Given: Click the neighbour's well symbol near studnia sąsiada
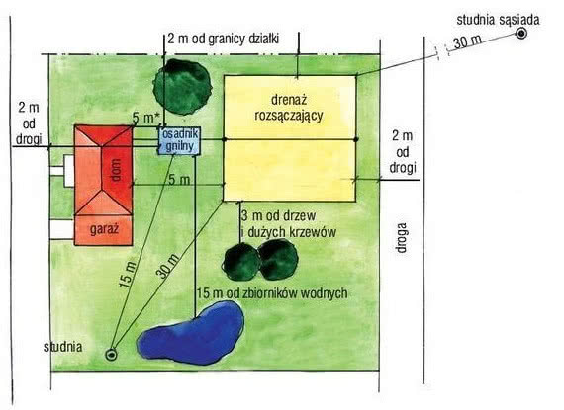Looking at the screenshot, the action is tap(521, 34).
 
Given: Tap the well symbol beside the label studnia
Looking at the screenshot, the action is tap(111, 355).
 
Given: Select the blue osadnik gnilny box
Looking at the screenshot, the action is tap(179, 140).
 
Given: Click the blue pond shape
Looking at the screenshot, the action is tap(192, 333).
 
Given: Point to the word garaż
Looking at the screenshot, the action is tap(104, 229).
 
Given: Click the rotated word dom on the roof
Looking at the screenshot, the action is tap(116, 170).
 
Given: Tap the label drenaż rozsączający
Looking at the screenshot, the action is tap(289, 108).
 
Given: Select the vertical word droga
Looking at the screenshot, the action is tap(402, 238).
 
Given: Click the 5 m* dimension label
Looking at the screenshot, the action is tap(145, 118).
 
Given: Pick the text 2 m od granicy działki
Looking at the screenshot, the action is tap(223, 39).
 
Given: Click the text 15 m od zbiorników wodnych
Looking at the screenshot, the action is tap(272, 293).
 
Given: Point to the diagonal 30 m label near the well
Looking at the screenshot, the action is tap(167, 266).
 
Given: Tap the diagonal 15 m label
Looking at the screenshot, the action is tap(128, 275).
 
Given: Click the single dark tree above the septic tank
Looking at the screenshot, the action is tap(182, 87).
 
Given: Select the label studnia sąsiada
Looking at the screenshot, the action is tap(498, 20).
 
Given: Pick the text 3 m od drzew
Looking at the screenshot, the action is tap(278, 216).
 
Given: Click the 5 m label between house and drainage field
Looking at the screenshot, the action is tap(179, 179).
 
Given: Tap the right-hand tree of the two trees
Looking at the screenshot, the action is tap(278, 260).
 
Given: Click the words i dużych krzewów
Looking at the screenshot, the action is tap(289, 232).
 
